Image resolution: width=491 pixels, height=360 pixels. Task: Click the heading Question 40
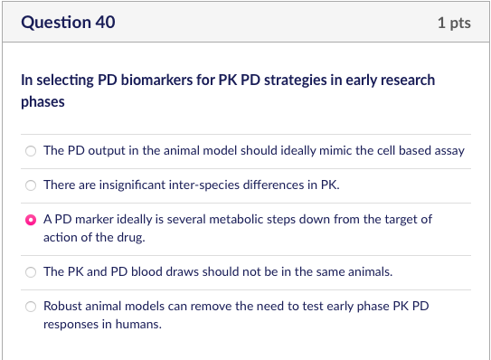tap(68, 22)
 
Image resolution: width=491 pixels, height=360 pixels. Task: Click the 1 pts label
tap(453, 23)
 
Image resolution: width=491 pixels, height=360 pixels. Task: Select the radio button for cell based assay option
tap(31, 151)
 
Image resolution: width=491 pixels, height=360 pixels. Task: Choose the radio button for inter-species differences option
tap(31, 185)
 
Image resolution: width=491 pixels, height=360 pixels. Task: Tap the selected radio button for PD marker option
tap(31, 220)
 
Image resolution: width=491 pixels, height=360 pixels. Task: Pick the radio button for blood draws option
tap(31, 271)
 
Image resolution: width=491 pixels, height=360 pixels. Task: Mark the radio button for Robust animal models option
tap(31, 306)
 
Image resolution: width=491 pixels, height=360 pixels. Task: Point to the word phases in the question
tap(42, 101)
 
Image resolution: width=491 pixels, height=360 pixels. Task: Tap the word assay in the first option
tap(449, 151)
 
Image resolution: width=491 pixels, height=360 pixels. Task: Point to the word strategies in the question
tap(294, 80)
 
